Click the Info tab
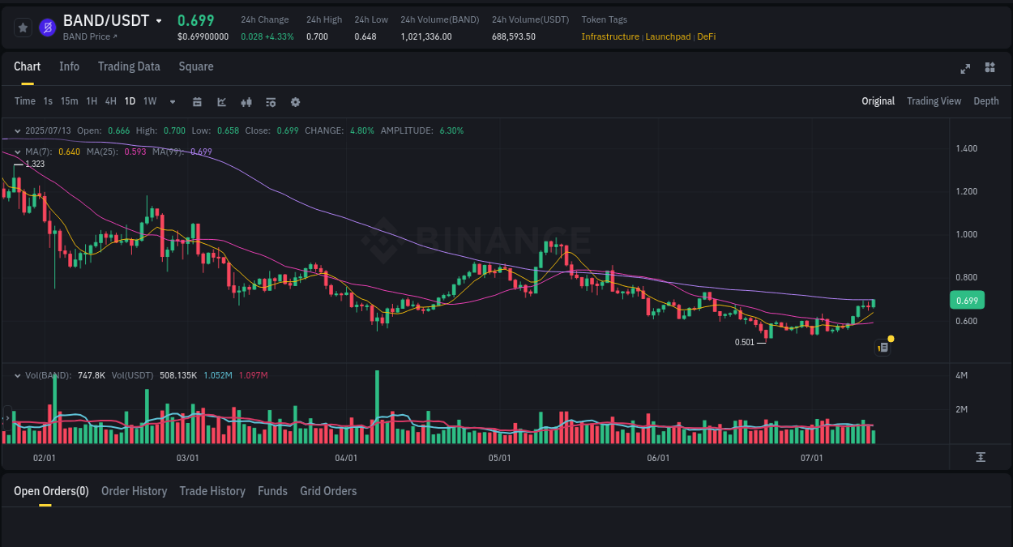[x=69, y=66]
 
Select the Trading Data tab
[x=129, y=66]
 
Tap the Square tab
[x=196, y=66]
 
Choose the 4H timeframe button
[x=111, y=101]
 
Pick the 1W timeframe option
[x=150, y=101]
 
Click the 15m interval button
[x=70, y=101]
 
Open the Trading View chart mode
[x=934, y=101]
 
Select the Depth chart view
[x=986, y=101]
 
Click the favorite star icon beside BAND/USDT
[x=23, y=28]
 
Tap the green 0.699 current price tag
[x=967, y=301]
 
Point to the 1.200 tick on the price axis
[x=966, y=191]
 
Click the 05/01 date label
[x=499, y=458]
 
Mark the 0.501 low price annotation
[x=745, y=342]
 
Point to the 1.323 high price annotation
[x=35, y=164]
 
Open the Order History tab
[x=134, y=491]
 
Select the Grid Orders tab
[x=328, y=491]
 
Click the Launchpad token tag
[x=668, y=36]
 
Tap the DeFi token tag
[x=706, y=36]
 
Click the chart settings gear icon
[x=295, y=102]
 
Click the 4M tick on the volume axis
[x=962, y=375]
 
